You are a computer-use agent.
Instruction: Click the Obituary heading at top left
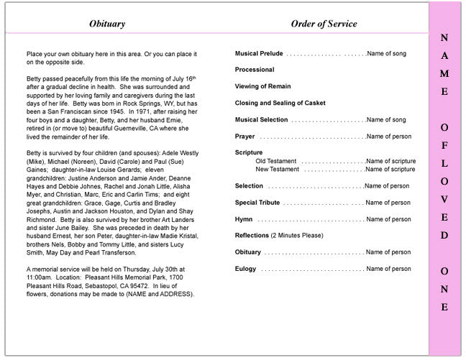107,24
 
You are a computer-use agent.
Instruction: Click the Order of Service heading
324,24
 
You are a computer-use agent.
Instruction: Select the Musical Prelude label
259,54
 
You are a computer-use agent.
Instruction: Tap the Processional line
255,70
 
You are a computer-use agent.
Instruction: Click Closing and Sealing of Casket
280,103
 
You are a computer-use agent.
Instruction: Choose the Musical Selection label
262,120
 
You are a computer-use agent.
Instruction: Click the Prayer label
245,137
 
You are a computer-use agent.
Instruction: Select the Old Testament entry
277,161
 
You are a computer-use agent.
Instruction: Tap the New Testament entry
278,170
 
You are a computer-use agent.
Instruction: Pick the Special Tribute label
257,203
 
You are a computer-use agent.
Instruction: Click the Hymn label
243,219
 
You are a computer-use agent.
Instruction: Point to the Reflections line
279,236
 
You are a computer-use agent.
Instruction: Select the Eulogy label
245,269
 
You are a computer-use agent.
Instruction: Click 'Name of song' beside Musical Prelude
386,54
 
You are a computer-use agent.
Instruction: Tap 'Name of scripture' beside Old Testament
390,161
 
